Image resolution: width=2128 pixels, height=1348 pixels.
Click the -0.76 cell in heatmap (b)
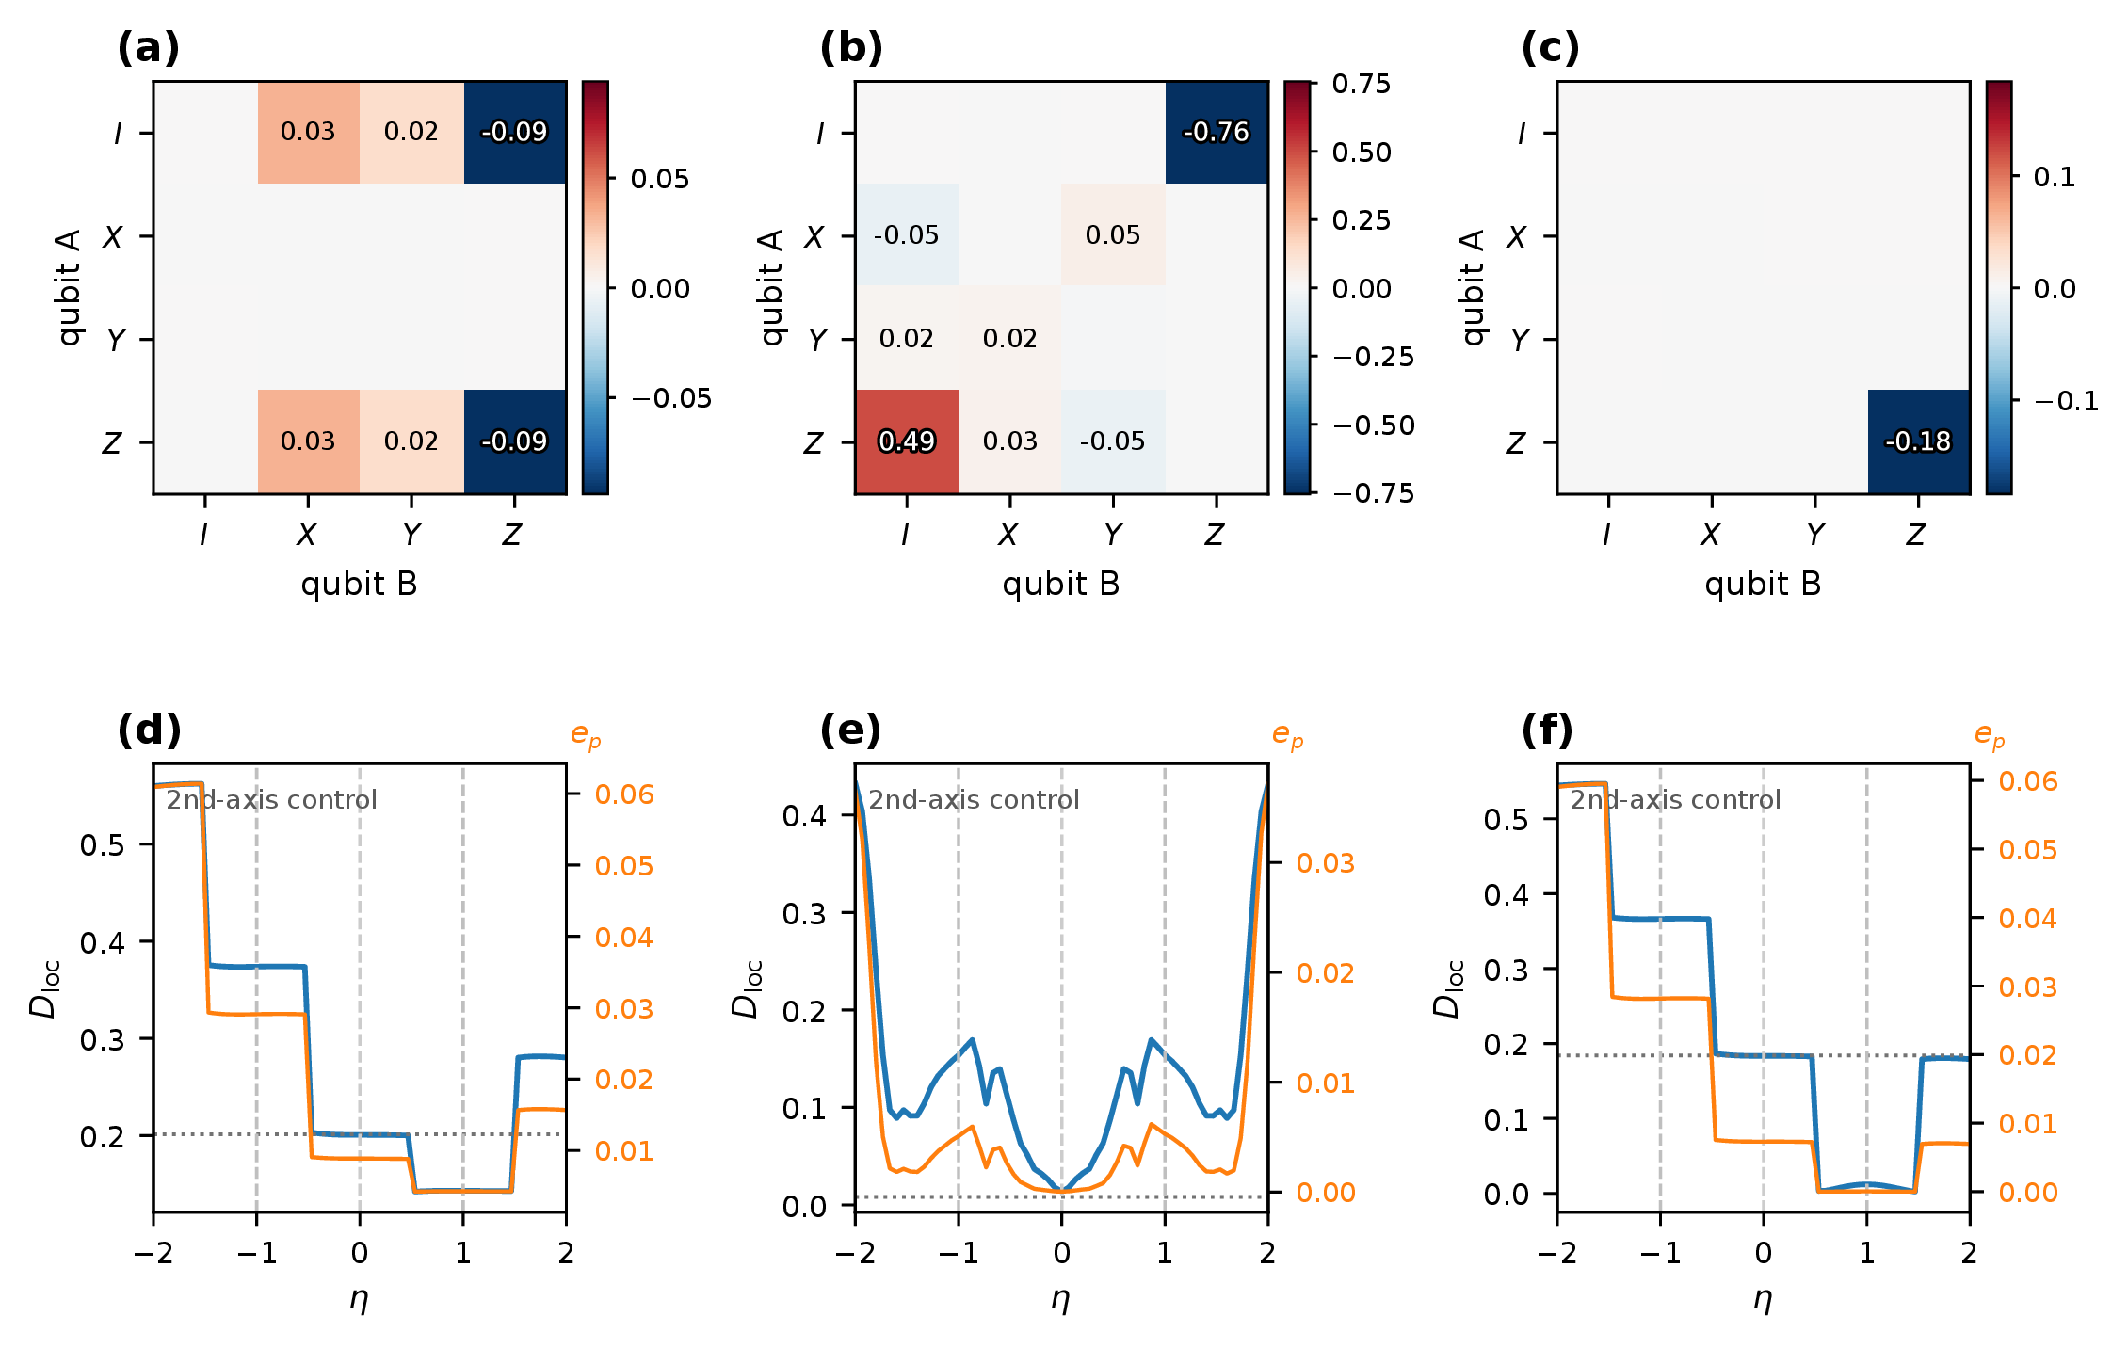tap(1217, 133)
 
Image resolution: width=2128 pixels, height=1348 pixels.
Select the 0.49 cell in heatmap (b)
tap(907, 441)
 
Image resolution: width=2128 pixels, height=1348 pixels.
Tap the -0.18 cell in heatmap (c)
tap(1919, 441)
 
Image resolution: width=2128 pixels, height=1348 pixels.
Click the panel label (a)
tap(148, 47)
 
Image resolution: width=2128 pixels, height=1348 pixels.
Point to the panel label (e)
tap(850, 730)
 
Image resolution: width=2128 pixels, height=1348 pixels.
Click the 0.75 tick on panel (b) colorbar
tap(1362, 84)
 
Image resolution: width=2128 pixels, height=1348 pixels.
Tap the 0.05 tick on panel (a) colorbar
tap(660, 179)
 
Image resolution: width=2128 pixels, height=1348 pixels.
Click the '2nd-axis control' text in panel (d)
tap(271, 800)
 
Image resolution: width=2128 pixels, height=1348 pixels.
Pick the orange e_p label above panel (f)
tap(1990, 735)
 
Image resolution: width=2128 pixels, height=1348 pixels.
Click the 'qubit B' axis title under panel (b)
tap(1061, 584)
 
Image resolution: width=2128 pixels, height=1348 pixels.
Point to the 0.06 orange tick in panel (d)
tap(624, 794)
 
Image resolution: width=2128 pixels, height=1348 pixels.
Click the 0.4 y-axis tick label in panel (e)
tap(804, 815)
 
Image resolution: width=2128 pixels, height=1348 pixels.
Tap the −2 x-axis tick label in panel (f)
tap(1557, 1253)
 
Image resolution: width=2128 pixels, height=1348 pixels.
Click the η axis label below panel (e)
tap(1061, 1300)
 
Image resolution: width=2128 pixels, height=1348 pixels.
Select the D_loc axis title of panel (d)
tap(44, 988)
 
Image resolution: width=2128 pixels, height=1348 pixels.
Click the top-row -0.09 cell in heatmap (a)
tap(515, 133)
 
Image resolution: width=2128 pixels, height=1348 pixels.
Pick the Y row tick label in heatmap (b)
tap(818, 339)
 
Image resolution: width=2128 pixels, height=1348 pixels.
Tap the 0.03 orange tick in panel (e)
tap(1326, 863)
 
